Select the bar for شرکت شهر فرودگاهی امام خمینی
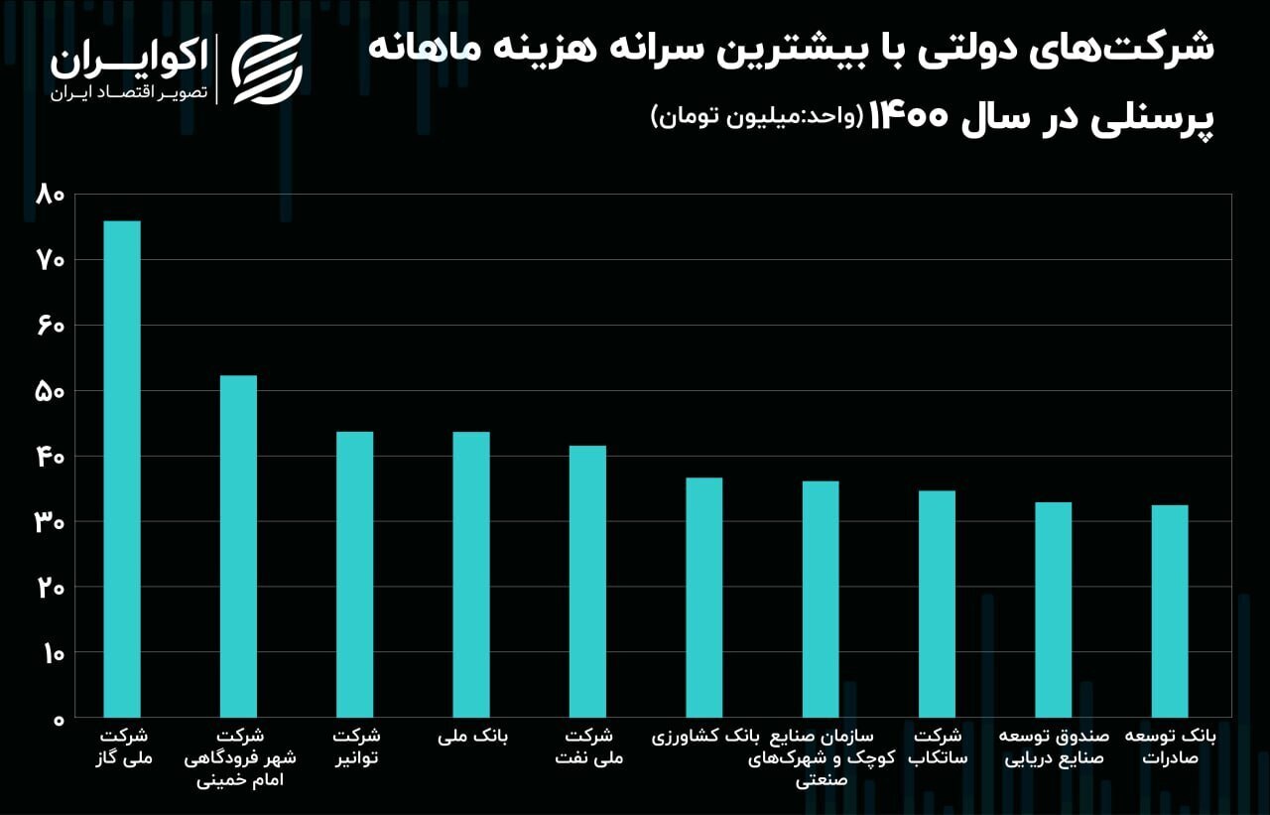point(238,546)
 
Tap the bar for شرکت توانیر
point(354,574)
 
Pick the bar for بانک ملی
point(471,574)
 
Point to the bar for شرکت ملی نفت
point(587,581)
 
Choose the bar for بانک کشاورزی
point(703,597)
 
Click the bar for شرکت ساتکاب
point(937,604)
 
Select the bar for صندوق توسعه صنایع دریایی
point(1053,610)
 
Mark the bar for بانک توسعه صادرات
point(1170,611)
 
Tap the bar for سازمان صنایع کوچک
point(821,599)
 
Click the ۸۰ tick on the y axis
point(49,195)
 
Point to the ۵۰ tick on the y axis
point(49,391)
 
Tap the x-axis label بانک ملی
point(472,737)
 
